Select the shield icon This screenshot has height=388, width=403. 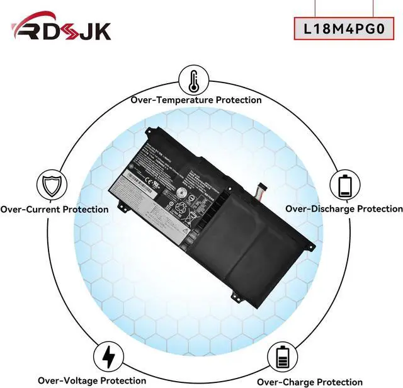[x=52, y=186]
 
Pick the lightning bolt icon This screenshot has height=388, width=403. [x=108, y=357]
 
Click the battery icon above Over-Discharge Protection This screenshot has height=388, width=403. [x=344, y=185]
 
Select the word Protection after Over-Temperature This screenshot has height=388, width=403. [x=239, y=100]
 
